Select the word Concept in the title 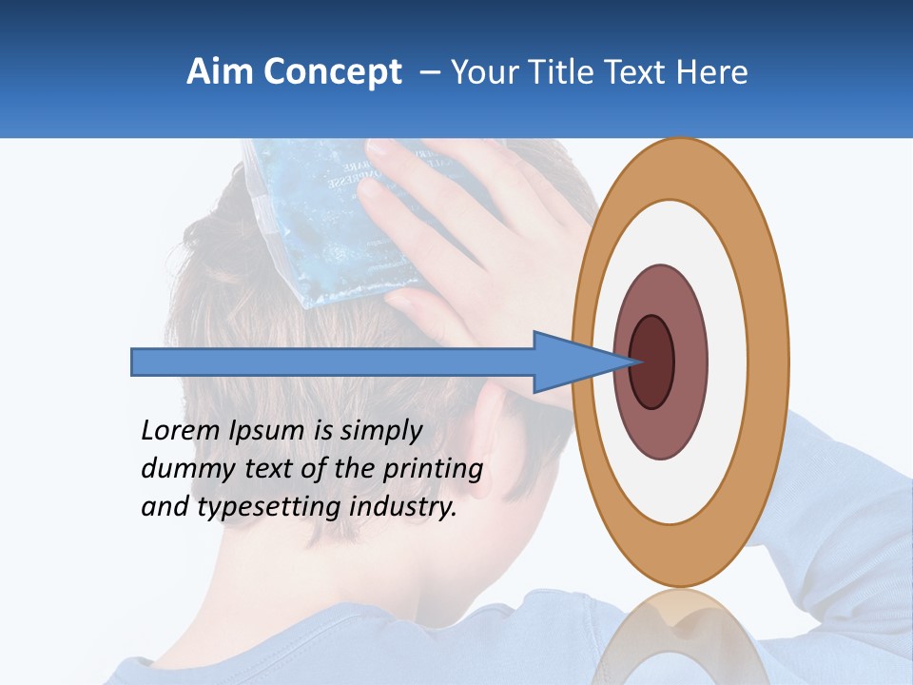pyautogui.click(x=334, y=73)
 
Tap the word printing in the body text pyautogui.click(x=432, y=470)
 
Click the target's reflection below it pyautogui.click(x=680, y=628)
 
